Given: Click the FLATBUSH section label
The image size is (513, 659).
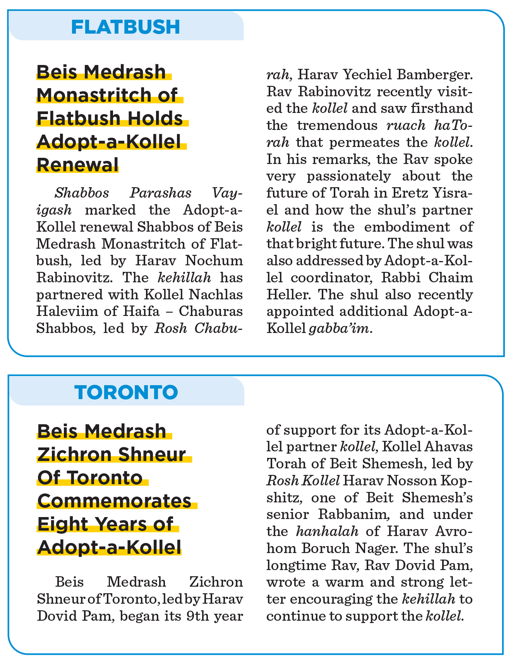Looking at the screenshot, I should [126, 27].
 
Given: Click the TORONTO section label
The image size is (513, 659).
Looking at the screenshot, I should [127, 392].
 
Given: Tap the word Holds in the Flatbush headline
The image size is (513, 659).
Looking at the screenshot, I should [157, 118].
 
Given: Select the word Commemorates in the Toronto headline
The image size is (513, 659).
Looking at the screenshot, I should [115, 501].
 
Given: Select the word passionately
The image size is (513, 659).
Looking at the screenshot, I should [349, 176].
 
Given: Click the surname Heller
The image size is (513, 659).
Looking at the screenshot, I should [285, 295].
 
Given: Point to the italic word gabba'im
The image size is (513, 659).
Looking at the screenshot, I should [339, 328].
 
